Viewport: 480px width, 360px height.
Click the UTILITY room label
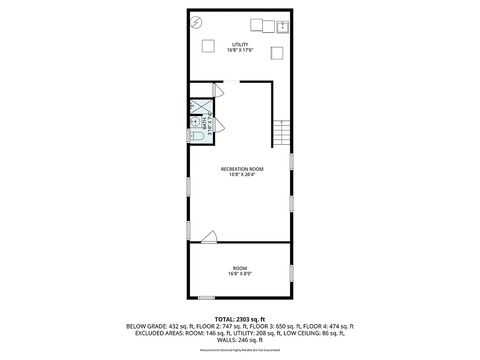(240, 45)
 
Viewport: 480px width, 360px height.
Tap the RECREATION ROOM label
(242, 169)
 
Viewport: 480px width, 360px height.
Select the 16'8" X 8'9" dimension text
(240, 274)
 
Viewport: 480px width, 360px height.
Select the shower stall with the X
(200, 107)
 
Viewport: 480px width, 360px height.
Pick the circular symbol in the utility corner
(196, 22)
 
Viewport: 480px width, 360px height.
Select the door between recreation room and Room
(210, 237)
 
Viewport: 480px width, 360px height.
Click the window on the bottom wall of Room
(206, 297)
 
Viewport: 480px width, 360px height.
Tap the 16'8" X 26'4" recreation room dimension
(242, 175)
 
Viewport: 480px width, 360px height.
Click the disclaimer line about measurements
(240, 350)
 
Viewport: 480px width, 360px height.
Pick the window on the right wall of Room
(292, 273)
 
